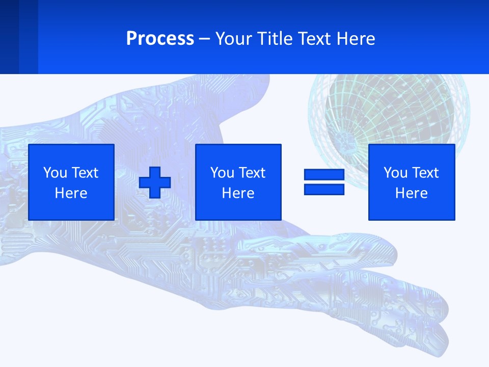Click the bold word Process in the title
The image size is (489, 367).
click(160, 39)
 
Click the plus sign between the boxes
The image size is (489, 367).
click(155, 182)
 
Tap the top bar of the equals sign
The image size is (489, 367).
click(324, 175)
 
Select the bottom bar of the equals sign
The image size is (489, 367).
click(324, 190)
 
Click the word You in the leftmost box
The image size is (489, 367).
click(55, 173)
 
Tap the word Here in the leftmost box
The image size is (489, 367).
click(71, 193)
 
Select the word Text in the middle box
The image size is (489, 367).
click(252, 173)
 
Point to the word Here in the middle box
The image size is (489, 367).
click(238, 193)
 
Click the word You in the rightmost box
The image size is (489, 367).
click(395, 173)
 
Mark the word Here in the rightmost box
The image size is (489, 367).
click(412, 193)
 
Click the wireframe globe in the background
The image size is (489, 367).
click(390, 112)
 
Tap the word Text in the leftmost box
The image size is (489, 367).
click(85, 173)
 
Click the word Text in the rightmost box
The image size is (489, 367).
click(425, 173)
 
